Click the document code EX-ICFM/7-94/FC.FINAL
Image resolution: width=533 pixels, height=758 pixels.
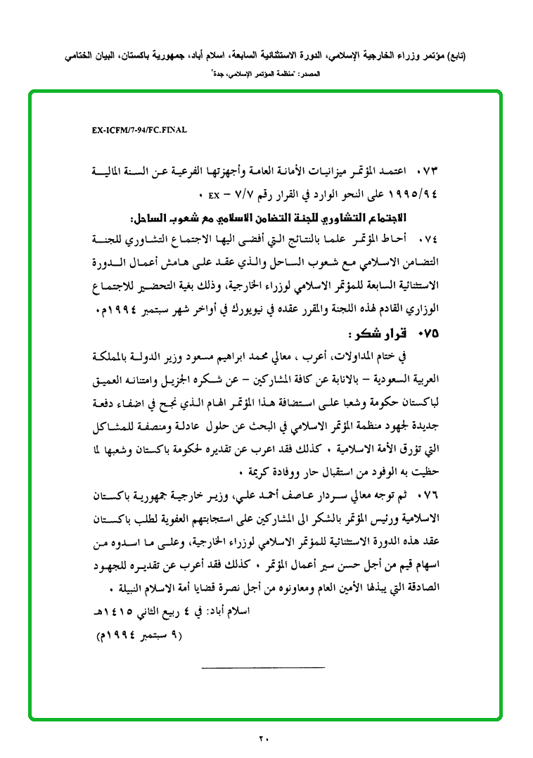click(139, 130)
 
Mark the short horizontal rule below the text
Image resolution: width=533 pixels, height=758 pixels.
click(264, 666)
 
